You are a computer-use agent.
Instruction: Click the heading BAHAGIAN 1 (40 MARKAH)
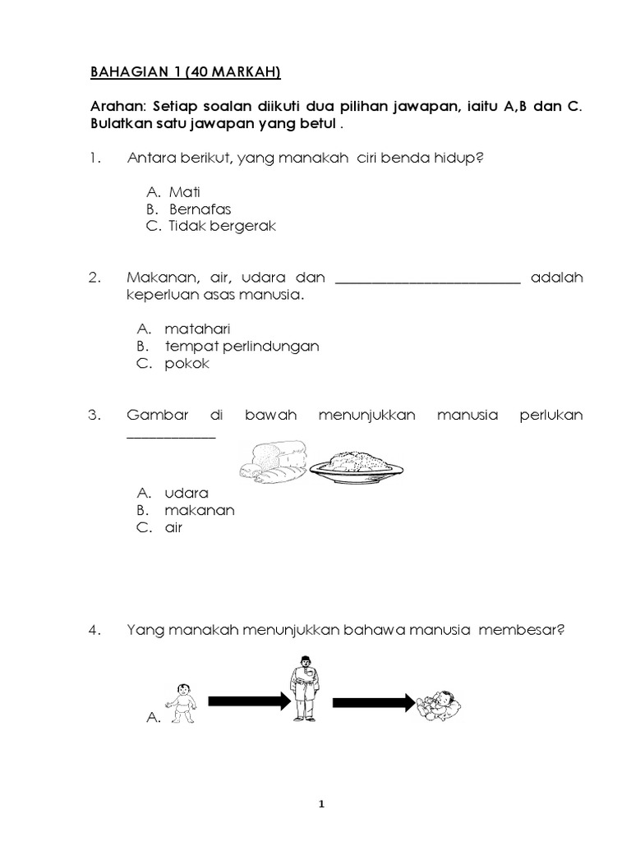pos(185,72)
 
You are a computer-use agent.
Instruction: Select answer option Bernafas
pos(200,209)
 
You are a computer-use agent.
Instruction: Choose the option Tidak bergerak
pos(222,227)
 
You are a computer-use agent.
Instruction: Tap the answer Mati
pos(185,192)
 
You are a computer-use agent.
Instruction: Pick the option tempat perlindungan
pos(242,346)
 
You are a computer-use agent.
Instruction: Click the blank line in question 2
pos(428,282)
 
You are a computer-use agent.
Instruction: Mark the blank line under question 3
pos(171,437)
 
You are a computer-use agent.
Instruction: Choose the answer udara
pos(187,493)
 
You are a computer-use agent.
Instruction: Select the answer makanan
pos(200,510)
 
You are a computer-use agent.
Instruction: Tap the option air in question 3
pos(173,527)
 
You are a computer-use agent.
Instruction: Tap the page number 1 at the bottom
pos(321,807)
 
